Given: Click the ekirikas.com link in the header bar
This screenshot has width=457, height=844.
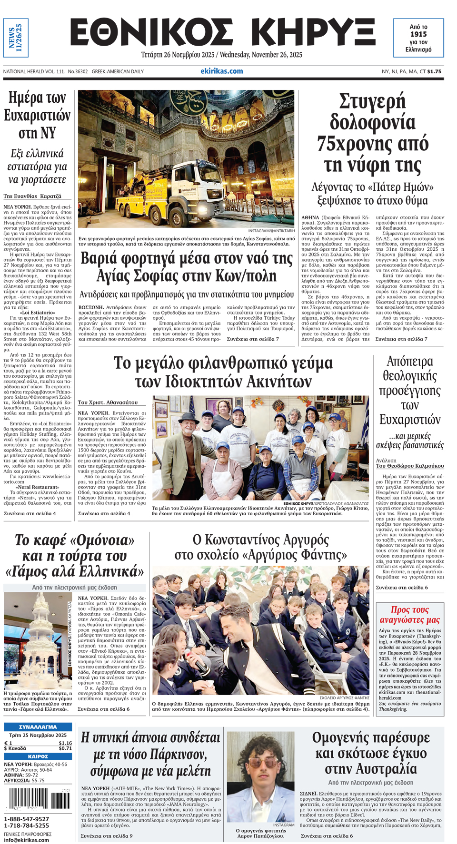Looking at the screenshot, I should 221,71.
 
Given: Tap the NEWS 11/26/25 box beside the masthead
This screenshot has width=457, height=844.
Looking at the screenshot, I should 16,38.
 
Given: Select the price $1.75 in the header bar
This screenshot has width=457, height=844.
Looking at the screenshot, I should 434,72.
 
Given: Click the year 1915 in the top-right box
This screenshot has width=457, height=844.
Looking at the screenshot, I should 418,34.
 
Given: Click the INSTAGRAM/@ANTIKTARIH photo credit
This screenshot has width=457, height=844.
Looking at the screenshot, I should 271,231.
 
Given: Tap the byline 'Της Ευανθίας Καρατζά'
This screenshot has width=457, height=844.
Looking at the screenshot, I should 32,196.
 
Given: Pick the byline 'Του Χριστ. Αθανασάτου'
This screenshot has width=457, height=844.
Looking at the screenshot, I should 108,402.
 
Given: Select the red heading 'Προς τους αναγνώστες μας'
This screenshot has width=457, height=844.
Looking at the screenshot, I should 409,615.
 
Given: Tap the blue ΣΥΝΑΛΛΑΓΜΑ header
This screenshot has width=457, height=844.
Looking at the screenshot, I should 38,727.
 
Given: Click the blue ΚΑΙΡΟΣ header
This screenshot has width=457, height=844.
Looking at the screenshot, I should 38,756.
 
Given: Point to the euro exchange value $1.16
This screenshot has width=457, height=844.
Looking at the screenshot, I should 65,743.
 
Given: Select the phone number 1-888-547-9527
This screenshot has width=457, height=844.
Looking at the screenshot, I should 27,819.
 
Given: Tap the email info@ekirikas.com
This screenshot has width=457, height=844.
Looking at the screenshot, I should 26,840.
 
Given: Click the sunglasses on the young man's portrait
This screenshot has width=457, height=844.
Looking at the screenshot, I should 263,764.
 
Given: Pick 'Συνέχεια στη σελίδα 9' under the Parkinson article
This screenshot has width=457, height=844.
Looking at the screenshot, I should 107,835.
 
